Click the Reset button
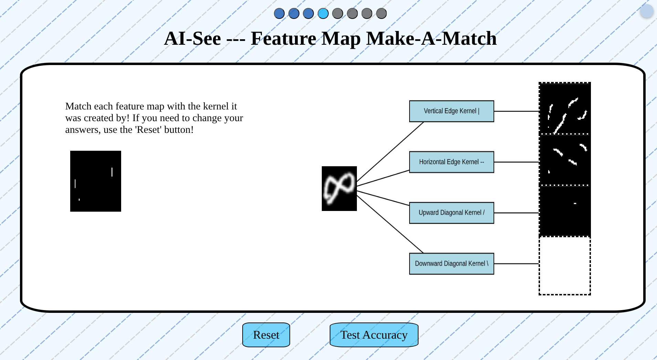(266, 335)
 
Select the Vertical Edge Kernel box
(451, 111)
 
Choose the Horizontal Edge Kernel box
(451, 162)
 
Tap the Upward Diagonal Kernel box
(451, 213)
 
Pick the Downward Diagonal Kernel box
(451, 264)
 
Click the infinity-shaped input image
(339, 189)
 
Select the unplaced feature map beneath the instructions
(96, 181)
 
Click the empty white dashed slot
(564, 266)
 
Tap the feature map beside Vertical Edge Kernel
(565, 109)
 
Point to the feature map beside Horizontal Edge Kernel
(565, 160)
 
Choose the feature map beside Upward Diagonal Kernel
(565, 211)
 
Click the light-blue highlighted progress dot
(323, 13)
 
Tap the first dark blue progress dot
(279, 13)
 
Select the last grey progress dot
(381, 13)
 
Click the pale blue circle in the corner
(646, 11)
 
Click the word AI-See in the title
(192, 39)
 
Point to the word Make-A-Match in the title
(431, 39)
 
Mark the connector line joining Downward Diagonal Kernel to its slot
(516, 264)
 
